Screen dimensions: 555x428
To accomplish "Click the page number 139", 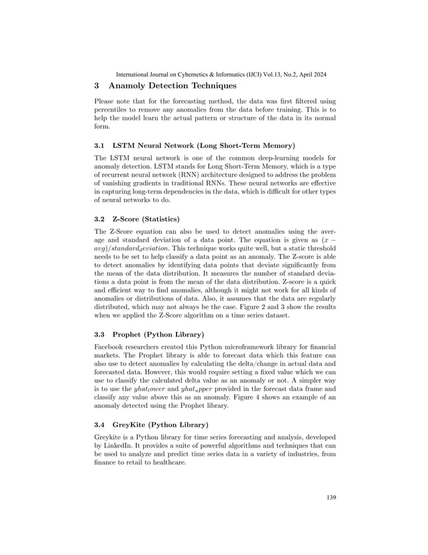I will tap(329, 497).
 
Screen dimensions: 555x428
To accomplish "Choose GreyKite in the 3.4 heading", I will tap(131, 424).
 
